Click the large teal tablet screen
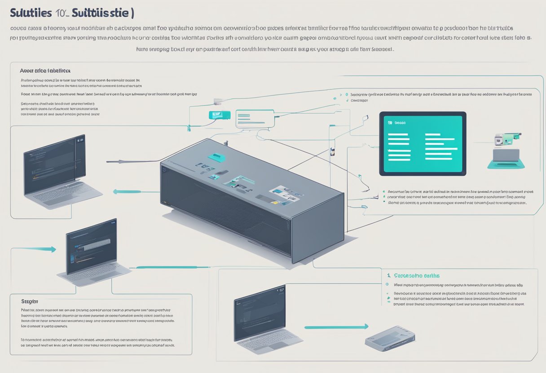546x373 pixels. click(x=423, y=143)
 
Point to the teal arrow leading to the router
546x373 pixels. click(x=336, y=327)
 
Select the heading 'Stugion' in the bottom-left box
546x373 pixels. click(x=30, y=302)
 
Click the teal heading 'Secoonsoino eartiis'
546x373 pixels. click(x=417, y=276)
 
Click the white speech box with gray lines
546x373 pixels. click(x=255, y=119)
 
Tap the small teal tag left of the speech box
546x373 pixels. click(x=220, y=115)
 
